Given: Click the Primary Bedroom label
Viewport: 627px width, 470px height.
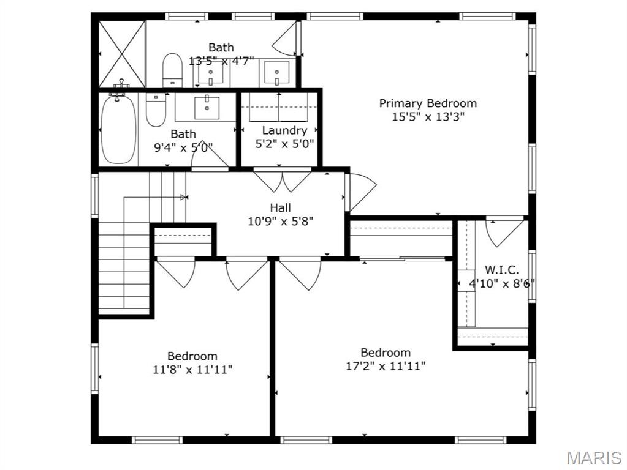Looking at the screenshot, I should [x=427, y=103].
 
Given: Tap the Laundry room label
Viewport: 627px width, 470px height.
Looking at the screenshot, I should [x=284, y=130].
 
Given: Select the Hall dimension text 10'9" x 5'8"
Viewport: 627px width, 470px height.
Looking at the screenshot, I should [x=280, y=222].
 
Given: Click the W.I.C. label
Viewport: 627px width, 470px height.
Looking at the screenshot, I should [x=502, y=269].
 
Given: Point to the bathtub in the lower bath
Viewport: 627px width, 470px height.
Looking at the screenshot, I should [x=118, y=130].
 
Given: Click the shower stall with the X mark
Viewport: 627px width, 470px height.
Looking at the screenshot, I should [x=123, y=54].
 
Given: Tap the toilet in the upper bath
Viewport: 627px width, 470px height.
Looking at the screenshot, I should [x=172, y=70].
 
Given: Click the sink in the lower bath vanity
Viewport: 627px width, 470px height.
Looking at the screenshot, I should [x=207, y=107].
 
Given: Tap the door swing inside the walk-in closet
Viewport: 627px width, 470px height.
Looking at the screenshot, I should [x=504, y=231].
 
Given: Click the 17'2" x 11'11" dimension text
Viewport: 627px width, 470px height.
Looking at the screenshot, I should [x=385, y=366].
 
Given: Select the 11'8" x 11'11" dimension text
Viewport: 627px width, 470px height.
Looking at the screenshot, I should [x=192, y=369].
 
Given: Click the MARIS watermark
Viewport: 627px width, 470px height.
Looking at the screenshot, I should [x=593, y=457].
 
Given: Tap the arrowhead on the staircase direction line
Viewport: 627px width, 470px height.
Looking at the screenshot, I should [x=184, y=197].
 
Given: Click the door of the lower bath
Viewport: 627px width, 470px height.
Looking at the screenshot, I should [x=208, y=159].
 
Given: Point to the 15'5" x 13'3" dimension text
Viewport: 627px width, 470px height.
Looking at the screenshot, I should [x=427, y=117].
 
